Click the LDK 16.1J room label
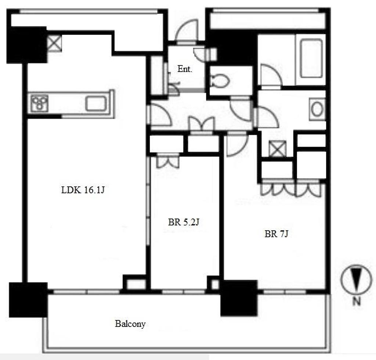point(83,190)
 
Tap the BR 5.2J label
point(184,222)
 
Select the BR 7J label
point(276,234)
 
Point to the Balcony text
point(130,324)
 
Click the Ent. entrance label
point(185,69)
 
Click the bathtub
point(311,58)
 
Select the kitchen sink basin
point(96,103)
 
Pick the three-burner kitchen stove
point(39,103)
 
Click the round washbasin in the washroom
point(317,109)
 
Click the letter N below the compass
point(357,301)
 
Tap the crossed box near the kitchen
point(54,43)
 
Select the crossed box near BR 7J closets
point(278,149)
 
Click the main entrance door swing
point(186,32)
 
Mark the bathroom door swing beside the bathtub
point(270,75)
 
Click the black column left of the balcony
point(28,300)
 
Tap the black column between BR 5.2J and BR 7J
point(239,298)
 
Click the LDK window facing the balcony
point(86,292)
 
